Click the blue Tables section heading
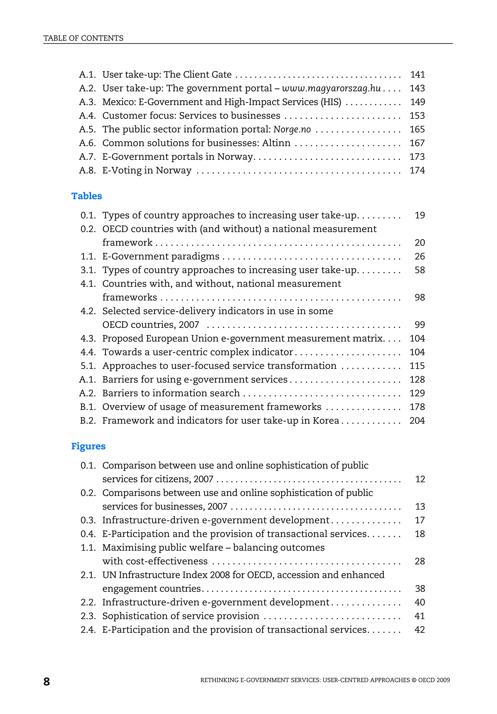[x=86, y=196]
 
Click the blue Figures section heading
[x=88, y=446]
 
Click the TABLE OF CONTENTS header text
[x=83, y=38]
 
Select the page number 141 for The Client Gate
[x=417, y=75]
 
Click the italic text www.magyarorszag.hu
[x=331, y=88]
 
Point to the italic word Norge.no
[x=292, y=129]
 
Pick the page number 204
[x=417, y=420]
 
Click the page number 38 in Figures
[x=420, y=588]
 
